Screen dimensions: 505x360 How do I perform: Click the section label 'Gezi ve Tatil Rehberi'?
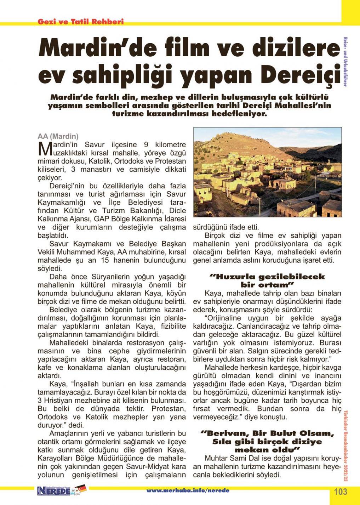pos(81,22)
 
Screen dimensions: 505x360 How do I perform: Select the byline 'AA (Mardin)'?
pos(58,136)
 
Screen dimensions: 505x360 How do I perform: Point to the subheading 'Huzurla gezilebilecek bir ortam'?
pos(268,280)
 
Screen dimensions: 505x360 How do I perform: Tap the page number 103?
pos(341,492)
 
